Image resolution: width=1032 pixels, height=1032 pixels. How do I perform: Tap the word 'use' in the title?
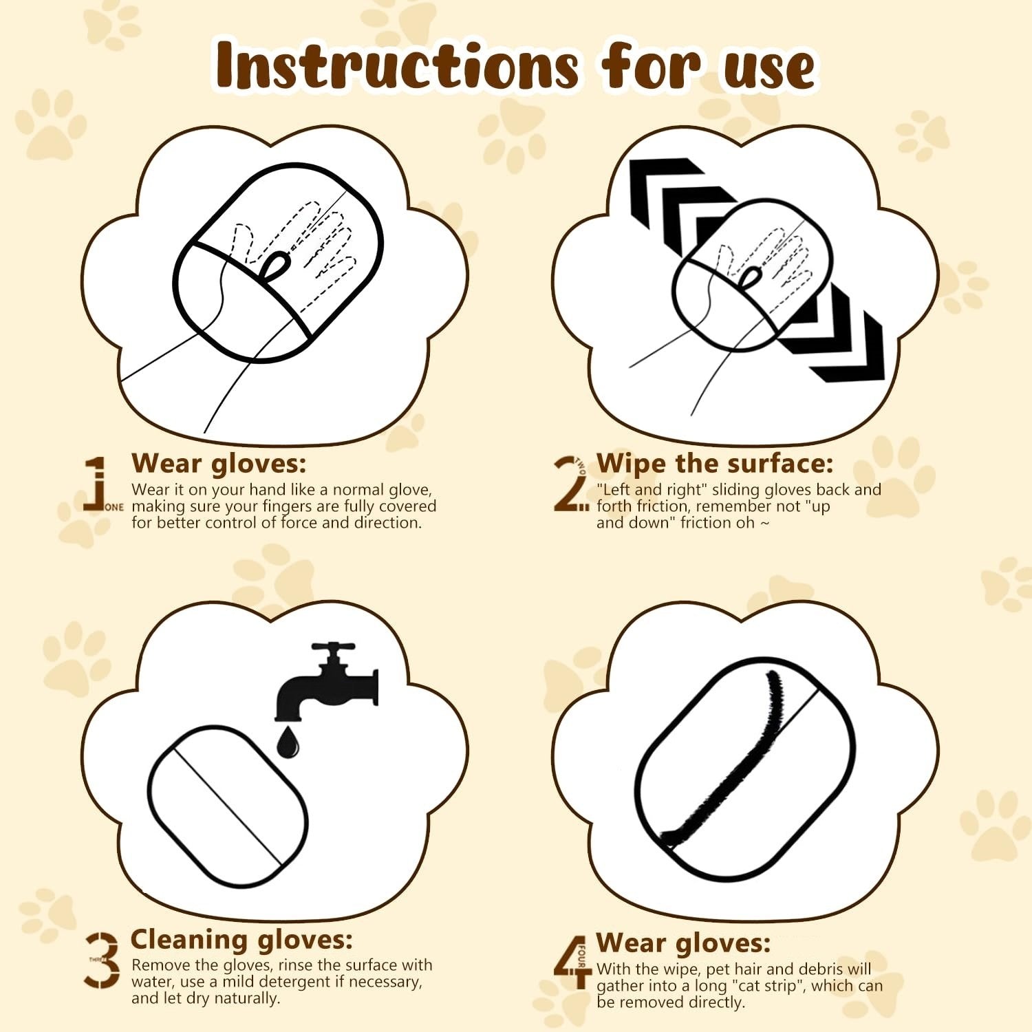768,69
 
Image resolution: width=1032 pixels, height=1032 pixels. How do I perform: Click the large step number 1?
97,484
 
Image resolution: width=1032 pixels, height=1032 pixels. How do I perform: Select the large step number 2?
569,484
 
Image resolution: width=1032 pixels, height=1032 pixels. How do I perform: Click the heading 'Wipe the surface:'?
714,463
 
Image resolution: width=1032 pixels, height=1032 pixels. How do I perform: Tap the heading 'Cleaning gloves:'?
241,939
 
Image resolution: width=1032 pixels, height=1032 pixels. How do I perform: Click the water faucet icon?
329,682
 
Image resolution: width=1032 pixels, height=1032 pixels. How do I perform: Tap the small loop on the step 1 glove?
277,265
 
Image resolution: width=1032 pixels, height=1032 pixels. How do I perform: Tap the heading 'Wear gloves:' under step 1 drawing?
218,463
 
